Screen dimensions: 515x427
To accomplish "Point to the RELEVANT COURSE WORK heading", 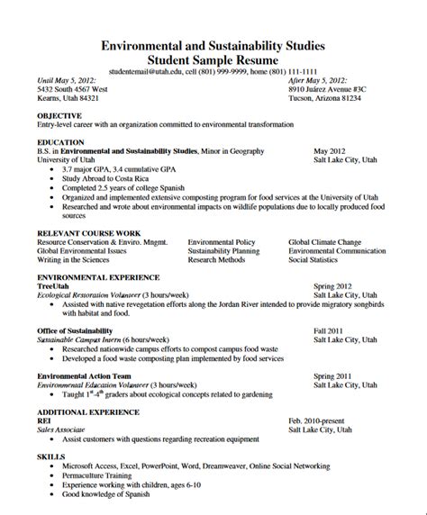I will click(x=86, y=233).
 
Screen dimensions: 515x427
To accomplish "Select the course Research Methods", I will click(x=215, y=259).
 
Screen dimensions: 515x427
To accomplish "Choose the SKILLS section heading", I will click(x=50, y=457).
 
